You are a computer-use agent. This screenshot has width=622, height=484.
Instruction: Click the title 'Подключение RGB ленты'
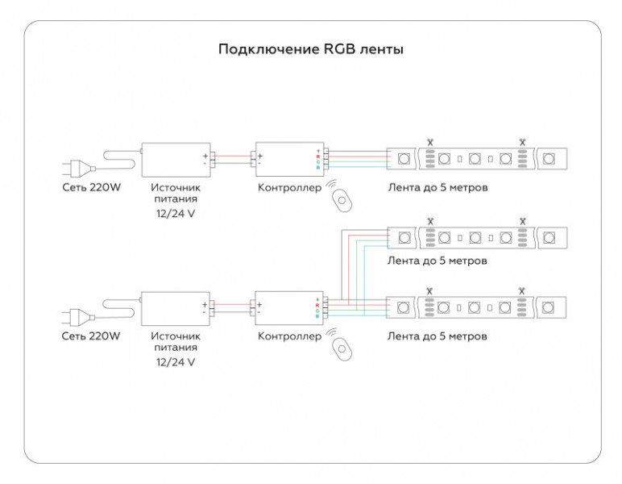tap(311, 50)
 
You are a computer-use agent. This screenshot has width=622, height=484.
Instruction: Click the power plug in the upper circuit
tap(78, 168)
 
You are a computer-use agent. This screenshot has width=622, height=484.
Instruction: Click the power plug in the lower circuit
tap(78, 317)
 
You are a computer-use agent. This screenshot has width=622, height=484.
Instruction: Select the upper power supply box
tap(176, 160)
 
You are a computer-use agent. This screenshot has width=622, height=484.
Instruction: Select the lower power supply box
tap(176, 308)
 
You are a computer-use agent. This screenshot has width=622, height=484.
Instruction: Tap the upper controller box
tap(289, 159)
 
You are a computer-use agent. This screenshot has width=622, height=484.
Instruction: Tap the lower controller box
tap(289, 308)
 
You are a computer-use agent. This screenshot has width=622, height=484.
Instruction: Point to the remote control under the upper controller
tap(342, 201)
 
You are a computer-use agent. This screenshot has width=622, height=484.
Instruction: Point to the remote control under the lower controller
tap(342, 349)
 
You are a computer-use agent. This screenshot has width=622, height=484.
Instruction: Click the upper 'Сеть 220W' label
tap(91, 187)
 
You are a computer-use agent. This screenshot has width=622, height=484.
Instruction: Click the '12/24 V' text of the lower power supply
tap(176, 362)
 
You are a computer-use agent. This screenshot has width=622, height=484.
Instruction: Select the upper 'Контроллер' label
tap(289, 187)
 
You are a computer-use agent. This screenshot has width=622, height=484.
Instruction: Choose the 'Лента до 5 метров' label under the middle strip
tap(437, 261)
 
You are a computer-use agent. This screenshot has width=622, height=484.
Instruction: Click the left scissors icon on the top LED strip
tap(430, 142)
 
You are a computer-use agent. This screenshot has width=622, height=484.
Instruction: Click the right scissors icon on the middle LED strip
tap(522, 221)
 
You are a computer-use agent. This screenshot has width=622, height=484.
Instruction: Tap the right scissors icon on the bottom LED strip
tap(521, 290)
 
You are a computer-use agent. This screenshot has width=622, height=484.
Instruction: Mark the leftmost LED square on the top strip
tap(404, 159)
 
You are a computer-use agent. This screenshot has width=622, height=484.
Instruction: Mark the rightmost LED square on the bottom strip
tap(548, 307)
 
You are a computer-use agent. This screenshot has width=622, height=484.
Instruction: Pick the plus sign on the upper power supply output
tap(205, 156)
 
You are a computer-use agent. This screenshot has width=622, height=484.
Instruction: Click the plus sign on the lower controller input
tap(259, 305)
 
